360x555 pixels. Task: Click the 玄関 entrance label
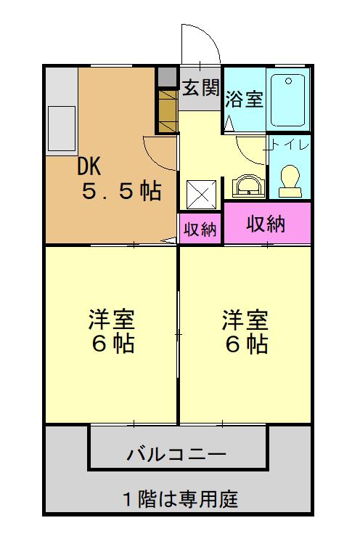pyautogui.click(x=200, y=88)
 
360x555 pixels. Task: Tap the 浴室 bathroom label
pyautogui.click(x=244, y=100)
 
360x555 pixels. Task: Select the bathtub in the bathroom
pyautogui.click(x=288, y=100)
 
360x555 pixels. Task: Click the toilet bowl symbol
pyautogui.click(x=290, y=179)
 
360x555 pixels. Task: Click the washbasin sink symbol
pyautogui.click(x=249, y=185)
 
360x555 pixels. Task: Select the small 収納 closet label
pyautogui.click(x=200, y=230)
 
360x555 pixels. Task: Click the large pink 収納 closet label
pyautogui.click(x=266, y=224)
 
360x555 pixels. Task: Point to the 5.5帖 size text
pyautogui.click(x=120, y=192)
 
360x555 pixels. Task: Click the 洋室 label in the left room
pyautogui.click(x=112, y=319)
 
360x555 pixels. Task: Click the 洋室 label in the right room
pyautogui.click(x=245, y=319)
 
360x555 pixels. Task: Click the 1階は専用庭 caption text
pyautogui.click(x=179, y=500)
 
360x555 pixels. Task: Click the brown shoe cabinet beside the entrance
pyautogui.click(x=167, y=110)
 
